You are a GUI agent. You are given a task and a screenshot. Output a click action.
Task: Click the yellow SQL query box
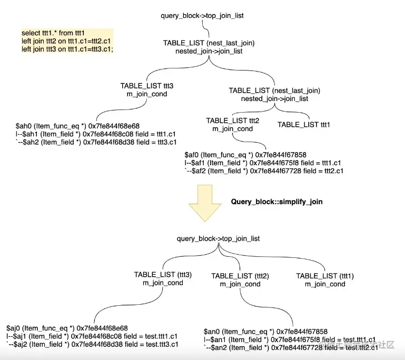pos(67,41)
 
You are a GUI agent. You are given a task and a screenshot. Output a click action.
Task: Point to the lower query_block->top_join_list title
pos(218,238)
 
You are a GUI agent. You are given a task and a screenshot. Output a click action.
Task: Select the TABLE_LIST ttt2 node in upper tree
pos(232,121)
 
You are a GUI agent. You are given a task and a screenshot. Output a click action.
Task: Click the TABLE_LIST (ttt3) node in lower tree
pos(163,275)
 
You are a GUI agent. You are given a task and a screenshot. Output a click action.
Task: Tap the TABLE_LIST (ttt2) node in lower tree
pos(240,276)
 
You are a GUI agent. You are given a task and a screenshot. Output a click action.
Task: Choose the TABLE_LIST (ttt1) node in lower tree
pos(325,276)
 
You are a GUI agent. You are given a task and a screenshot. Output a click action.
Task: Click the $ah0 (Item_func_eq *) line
pos(78,126)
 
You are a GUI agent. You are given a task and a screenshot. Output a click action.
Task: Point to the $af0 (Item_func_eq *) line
pos(245,155)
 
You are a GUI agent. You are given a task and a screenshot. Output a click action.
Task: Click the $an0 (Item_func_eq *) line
pos(265,332)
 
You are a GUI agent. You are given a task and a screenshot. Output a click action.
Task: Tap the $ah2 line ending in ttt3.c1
pos(96,142)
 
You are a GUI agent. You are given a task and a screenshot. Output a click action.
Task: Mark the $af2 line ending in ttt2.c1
pos(263,171)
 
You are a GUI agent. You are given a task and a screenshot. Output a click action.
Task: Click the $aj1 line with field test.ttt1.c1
pos(93,336)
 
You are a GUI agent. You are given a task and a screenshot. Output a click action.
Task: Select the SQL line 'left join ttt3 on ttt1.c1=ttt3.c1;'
pos(67,49)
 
